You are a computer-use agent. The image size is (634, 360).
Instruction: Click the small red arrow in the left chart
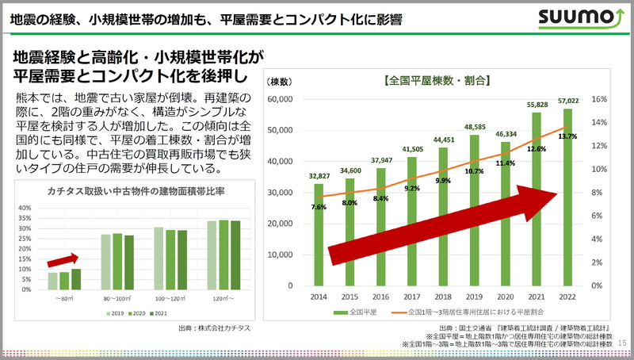coord(63,259)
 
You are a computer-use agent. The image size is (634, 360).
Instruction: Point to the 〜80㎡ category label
coord(64,298)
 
